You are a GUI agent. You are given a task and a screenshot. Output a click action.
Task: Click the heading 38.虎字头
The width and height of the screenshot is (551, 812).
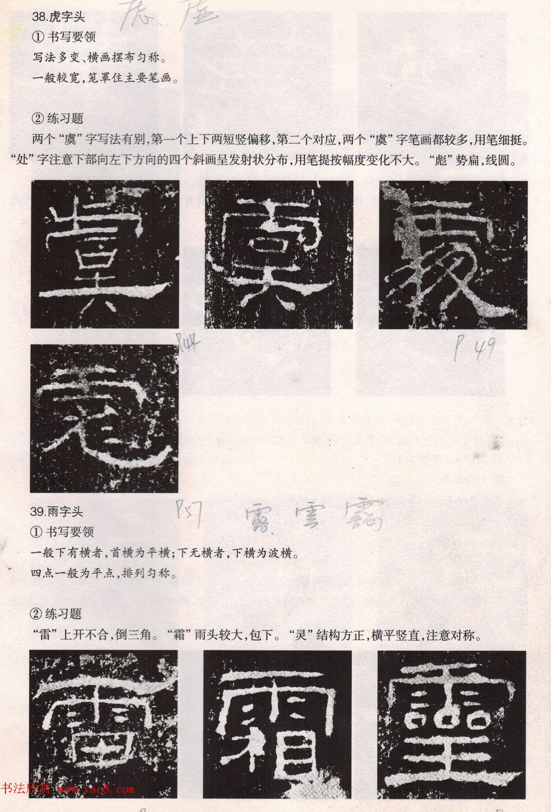(59, 18)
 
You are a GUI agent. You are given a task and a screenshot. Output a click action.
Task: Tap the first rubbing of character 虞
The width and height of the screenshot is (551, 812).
(105, 254)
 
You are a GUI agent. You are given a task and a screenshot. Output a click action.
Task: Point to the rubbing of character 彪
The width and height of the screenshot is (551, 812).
(105, 418)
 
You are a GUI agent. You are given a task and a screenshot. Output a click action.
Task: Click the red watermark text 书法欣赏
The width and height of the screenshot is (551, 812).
(26, 790)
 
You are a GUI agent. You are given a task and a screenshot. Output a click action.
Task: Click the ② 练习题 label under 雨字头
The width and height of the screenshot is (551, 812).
(56, 613)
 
